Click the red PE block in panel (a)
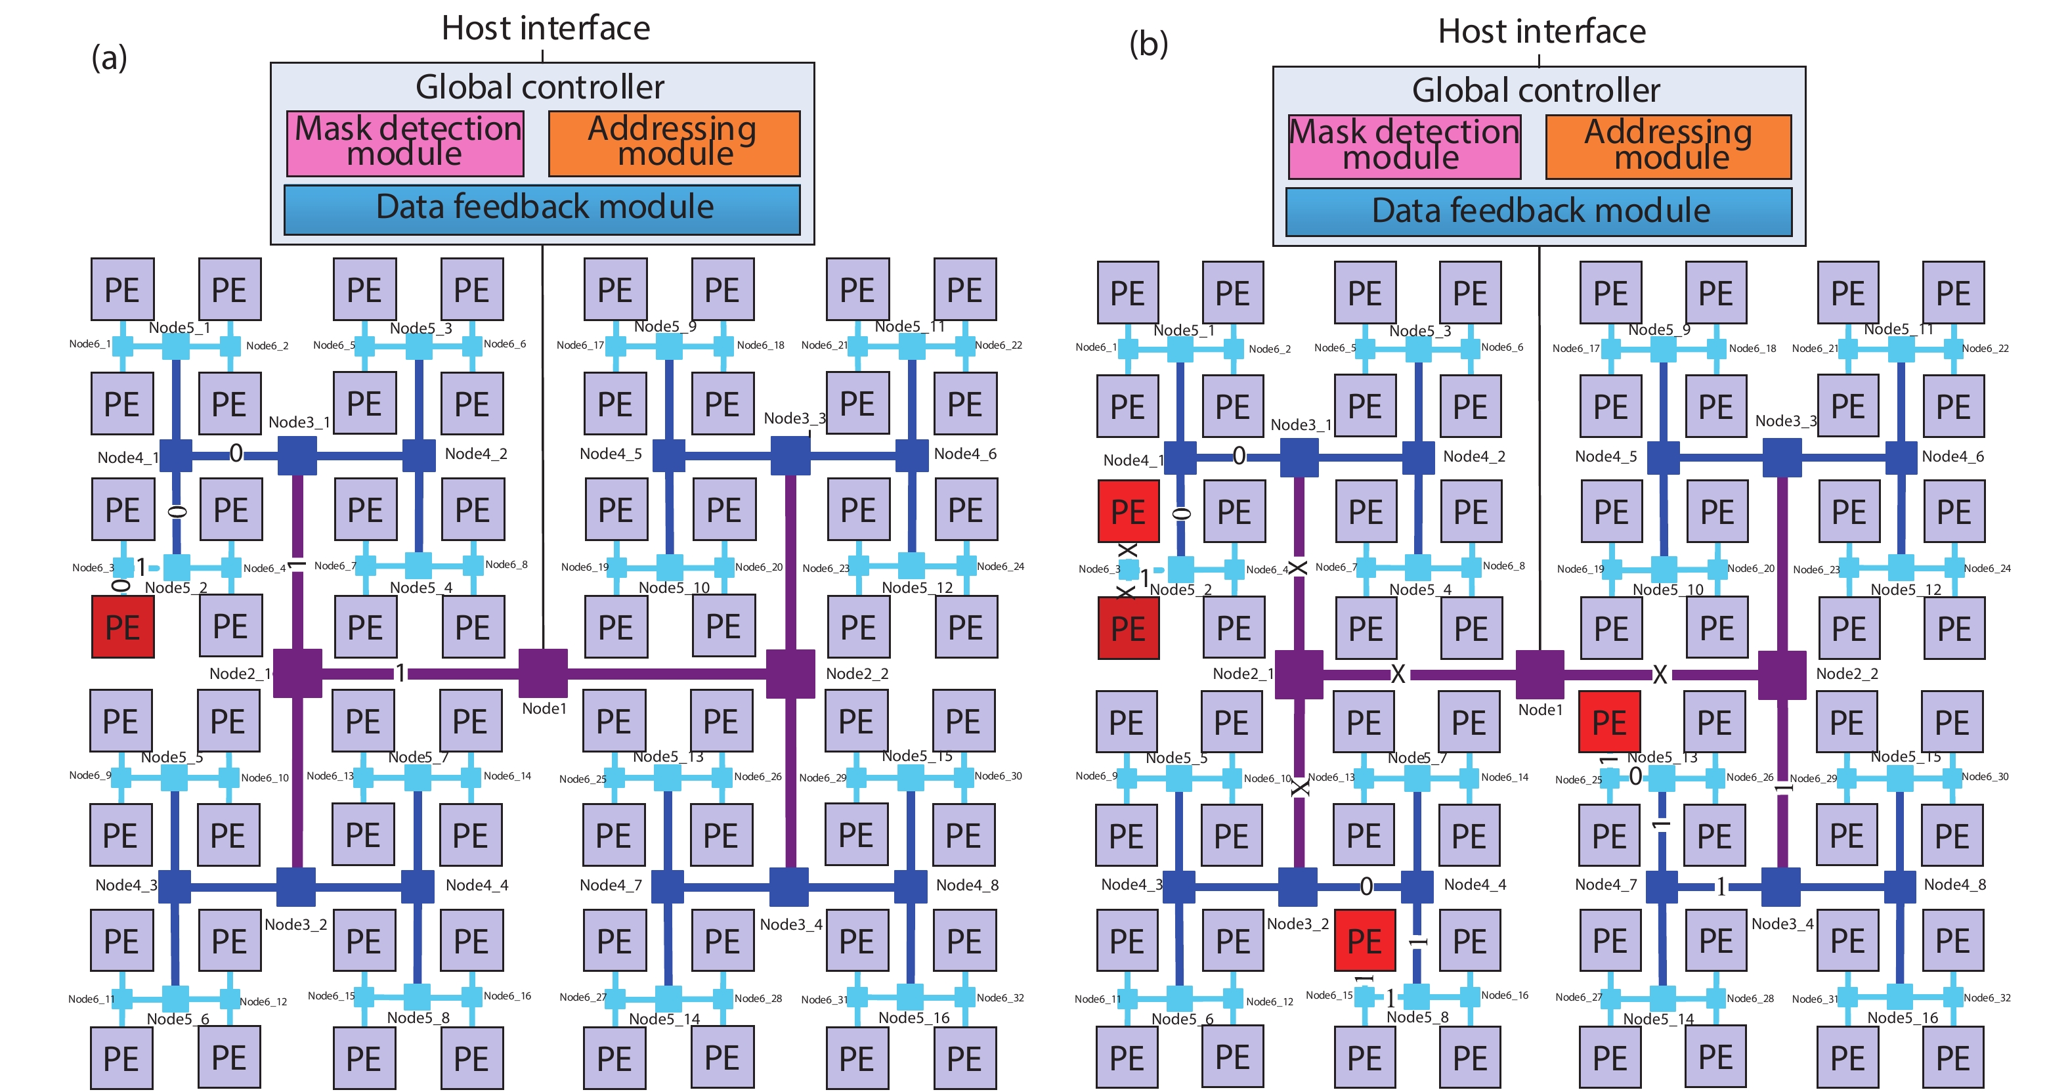point(122,626)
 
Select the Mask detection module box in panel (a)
point(406,143)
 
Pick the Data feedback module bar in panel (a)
point(543,209)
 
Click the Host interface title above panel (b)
point(1541,32)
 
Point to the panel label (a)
point(109,58)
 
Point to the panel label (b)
point(1148,43)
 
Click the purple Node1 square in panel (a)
point(543,673)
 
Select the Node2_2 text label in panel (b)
point(1846,674)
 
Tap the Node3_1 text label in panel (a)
point(299,422)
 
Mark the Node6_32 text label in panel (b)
point(1986,998)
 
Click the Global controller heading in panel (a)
point(540,87)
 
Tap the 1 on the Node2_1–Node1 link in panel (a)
point(400,673)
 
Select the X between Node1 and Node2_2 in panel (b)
point(1660,674)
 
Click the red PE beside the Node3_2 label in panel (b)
point(1365,940)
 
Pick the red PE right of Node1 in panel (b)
point(1609,722)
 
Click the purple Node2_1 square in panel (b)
point(1298,674)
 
